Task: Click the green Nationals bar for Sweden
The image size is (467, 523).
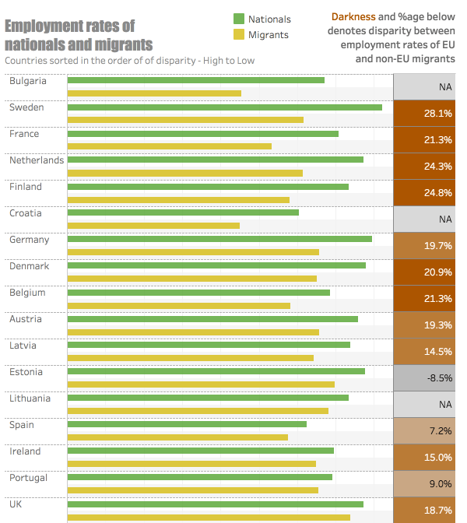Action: (x=225, y=107)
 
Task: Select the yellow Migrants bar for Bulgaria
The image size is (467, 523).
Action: (x=154, y=93)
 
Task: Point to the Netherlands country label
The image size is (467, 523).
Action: (x=36, y=160)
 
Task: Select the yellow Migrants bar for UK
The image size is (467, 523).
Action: (x=209, y=517)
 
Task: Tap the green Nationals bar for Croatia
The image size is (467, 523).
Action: (x=183, y=212)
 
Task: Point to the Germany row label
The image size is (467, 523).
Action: (x=29, y=240)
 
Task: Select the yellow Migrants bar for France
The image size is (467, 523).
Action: (x=170, y=146)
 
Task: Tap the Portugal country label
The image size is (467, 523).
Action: (x=28, y=478)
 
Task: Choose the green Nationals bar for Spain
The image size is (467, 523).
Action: (x=187, y=424)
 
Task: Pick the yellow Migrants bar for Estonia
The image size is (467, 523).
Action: (x=201, y=384)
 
